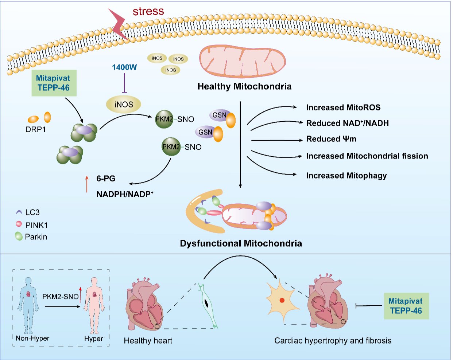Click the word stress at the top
click(x=148, y=11)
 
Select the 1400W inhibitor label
click(x=124, y=67)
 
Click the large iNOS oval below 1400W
click(x=124, y=105)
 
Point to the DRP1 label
click(x=36, y=129)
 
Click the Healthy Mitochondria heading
click(x=244, y=86)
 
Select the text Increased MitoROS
click(x=343, y=107)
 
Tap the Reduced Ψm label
click(x=331, y=139)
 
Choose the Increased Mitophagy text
click(x=346, y=176)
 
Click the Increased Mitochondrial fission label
click(x=367, y=156)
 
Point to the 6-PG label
click(x=106, y=179)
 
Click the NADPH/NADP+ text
click(x=125, y=194)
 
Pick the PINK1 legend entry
click(x=36, y=225)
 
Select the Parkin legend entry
click(x=36, y=237)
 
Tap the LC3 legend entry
click(x=32, y=212)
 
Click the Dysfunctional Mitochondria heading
click(x=241, y=243)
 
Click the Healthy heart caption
click(x=148, y=341)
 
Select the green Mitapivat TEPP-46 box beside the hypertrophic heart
click(x=406, y=306)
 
